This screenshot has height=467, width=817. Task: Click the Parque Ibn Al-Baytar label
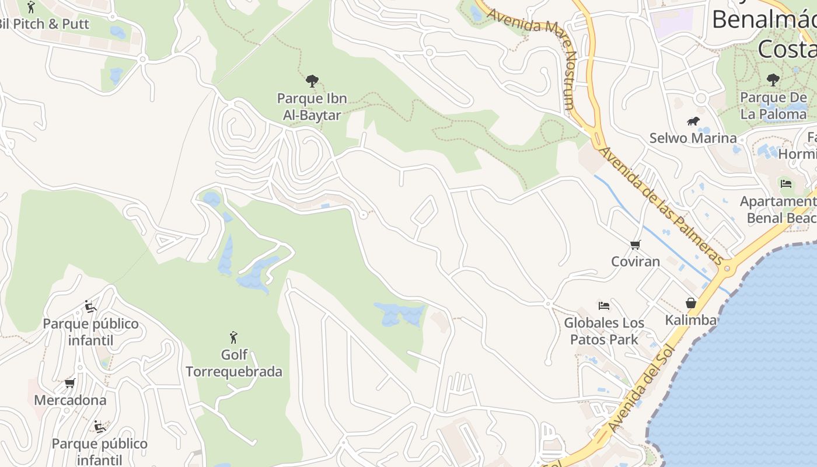pos(312,107)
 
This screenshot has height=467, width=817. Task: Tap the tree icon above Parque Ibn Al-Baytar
pos(312,81)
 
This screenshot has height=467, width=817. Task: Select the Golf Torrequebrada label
pos(234,363)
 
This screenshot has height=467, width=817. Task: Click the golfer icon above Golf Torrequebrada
pos(234,337)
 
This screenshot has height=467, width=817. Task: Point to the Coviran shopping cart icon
pos(635,245)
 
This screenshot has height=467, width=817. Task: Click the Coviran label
pos(636,261)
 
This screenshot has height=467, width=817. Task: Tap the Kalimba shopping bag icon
pos(691,303)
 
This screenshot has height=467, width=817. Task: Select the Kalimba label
pos(691,320)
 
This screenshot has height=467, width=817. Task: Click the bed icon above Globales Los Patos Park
pos(604,305)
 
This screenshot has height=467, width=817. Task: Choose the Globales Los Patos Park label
pos(604,331)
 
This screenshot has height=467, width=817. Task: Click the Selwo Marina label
pos(693,138)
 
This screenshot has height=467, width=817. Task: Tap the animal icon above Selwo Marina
pos(693,121)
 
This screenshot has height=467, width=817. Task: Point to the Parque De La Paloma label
pos(774,106)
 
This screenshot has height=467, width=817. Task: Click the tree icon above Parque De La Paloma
pos(773,79)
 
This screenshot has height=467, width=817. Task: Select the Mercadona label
pos(70,400)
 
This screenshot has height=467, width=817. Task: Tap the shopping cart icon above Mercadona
pos(70,384)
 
